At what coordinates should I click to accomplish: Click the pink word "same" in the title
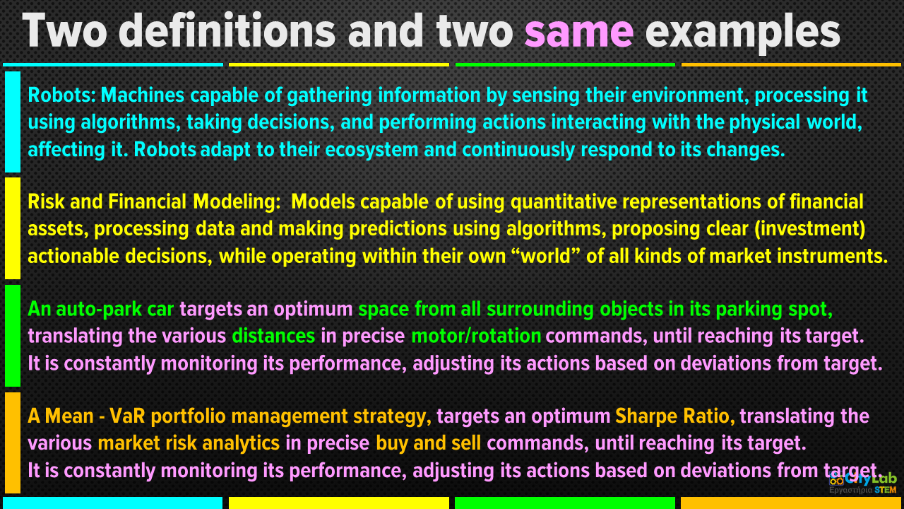(x=579, y=32)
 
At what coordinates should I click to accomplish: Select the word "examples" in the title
(x=742, y=33)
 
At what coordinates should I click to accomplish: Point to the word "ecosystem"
(x=371, y=150)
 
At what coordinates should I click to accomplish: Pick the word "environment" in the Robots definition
(x=687, y=95)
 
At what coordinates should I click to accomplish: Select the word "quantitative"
(x=564, y=202)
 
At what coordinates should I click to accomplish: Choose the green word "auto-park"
(x=99, y=310)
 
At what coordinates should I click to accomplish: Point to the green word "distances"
(x=273, y=336)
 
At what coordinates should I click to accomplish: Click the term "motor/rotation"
(x=476, y=336)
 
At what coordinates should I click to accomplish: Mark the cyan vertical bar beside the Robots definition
(x=13, y=122)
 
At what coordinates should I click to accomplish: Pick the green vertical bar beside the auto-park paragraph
(x=13, y=336)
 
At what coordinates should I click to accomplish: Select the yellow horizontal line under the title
(x=339, y=64)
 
